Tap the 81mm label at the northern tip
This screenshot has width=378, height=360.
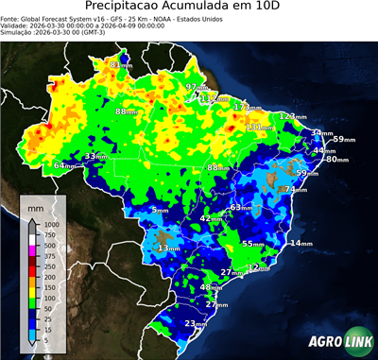[121, 64]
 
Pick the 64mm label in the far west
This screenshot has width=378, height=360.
[65, 165]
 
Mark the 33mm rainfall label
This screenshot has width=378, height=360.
[96, 156]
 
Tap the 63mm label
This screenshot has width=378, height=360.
[242, 207]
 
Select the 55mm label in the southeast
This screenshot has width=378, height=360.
[252, 244]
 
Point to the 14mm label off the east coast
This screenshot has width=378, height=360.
[301, 244]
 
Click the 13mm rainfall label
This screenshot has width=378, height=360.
[169, 248]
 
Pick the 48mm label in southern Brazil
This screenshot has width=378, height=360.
[212, 287]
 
